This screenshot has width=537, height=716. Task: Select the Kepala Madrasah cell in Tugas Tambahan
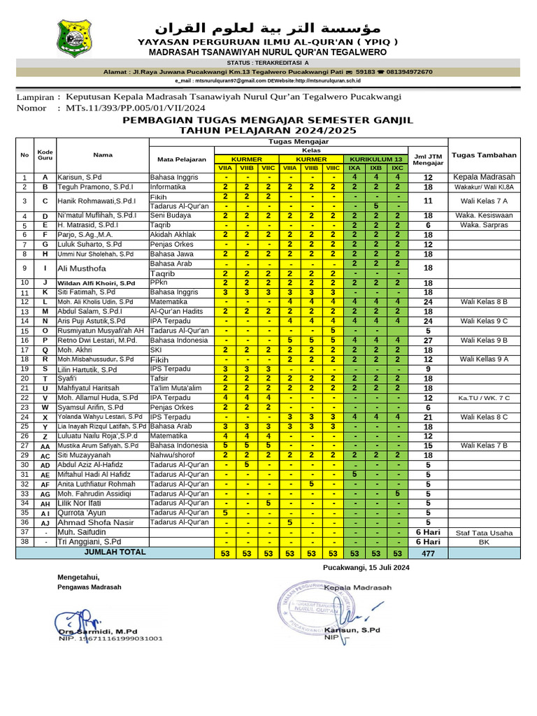click(x=484, y=177)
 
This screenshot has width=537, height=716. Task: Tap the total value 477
click(x=428, y=552)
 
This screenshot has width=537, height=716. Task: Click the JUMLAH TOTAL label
click(x=115, y=552)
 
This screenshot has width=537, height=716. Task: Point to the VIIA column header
click(x=226, y=168)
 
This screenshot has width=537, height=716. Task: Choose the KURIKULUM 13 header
click(x=376, y=159)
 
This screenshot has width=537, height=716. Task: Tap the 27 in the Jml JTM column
click(x=428, y=340)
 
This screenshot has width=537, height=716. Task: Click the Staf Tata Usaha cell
click(x=484, y=533)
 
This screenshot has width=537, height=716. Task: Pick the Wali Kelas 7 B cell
click(x=484, y=445)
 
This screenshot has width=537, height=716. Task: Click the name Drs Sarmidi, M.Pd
click(x=98, y=631)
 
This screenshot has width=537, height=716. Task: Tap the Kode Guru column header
click(x=45, y=155)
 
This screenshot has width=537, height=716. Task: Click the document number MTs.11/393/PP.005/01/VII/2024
click(x=136, y=108)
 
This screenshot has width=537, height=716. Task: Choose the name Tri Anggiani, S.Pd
click(x=89, y=542)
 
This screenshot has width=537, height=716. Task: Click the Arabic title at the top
click(x=268, y=27)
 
